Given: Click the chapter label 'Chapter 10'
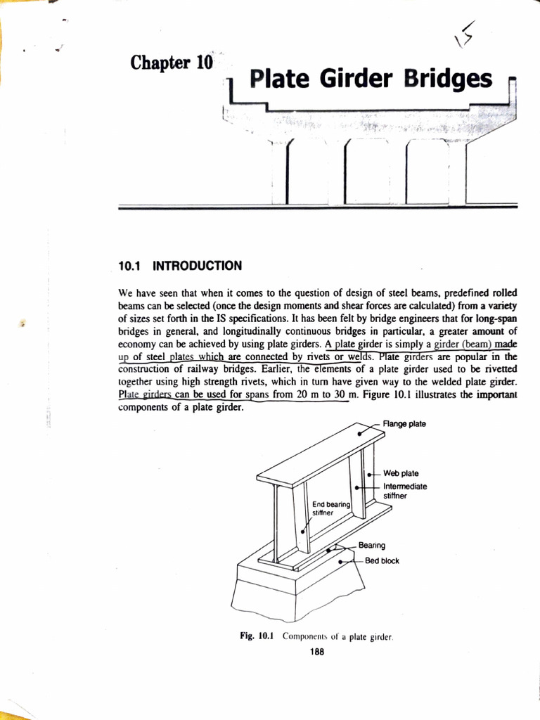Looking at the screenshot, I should [x=172, y=63].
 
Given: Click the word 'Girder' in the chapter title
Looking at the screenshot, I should [x=361, y=80].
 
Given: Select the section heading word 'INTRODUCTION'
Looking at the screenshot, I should [x=198, y=266].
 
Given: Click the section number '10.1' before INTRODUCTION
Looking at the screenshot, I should [x=131, y=266].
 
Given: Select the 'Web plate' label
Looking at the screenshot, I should [x=401, y=473].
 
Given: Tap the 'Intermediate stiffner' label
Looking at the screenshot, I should [x=405, y=491].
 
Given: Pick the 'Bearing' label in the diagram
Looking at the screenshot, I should [x=371, y=545].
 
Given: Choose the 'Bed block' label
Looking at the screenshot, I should [x=382, y=560].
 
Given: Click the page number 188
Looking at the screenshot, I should [x=316, y=651].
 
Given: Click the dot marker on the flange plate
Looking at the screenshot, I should [x=361, y=434].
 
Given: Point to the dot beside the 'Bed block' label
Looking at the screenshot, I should [x=342, y=562].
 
